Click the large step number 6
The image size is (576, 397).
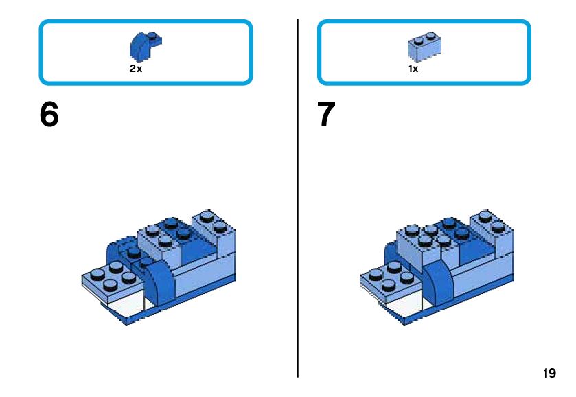(49, 115)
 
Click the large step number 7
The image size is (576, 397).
(326, 115)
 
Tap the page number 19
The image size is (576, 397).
(549, 374)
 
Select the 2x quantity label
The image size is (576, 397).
(136, 69)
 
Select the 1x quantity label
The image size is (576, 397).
(413, 69)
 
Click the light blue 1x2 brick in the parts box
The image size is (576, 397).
(424, 45)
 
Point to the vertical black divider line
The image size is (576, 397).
(298, 199)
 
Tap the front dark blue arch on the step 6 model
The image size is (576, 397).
(161, 284)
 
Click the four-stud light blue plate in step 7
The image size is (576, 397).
(388, 278)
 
